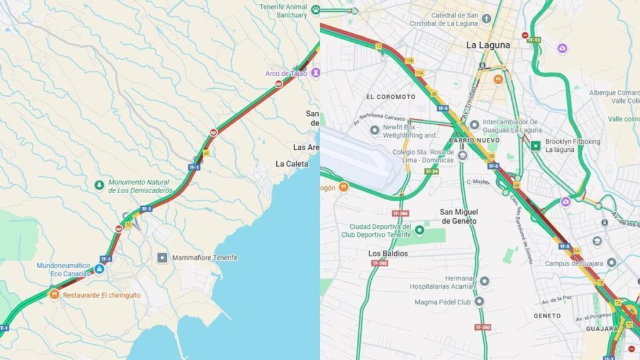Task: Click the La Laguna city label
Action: click(488, 45)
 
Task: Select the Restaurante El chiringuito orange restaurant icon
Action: click(54, 294)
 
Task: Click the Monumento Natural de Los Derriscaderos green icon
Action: click(99, 185)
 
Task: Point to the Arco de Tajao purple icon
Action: click(315, 72)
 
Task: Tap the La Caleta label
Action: click(292, 164)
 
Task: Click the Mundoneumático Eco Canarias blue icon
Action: click(99, 269)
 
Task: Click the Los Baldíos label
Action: click(388, 253)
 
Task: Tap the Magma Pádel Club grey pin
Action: click(479, 301)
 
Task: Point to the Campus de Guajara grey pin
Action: click(611, 263)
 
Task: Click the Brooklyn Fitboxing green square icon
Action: click(535, 146)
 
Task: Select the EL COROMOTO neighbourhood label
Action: click(391, 97)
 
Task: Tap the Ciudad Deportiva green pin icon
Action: click(419, 230)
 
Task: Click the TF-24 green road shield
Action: click(431, 171)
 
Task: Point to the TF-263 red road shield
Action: click(482, 327)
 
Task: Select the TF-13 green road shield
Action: click(533, 40)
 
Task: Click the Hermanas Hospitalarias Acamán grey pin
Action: click(484, 281)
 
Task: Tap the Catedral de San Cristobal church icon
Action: click(486, 19)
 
